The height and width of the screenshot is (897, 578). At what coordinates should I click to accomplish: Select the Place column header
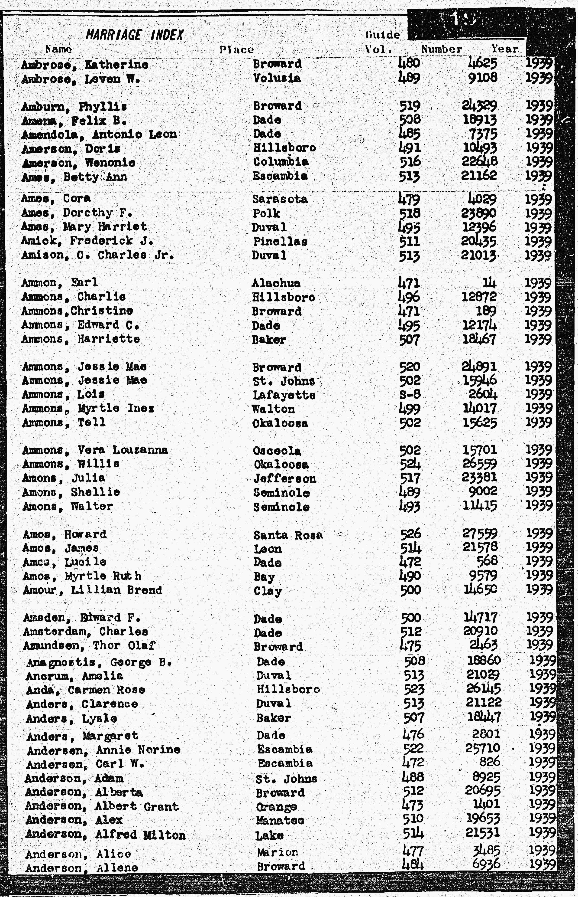click(x=236, y=49)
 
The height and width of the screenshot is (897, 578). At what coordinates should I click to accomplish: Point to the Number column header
click(x=441, y=49)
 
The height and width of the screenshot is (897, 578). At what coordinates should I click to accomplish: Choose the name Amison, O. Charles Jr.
click(x=98, y=255)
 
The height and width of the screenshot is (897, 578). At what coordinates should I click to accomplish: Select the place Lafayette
click(x=284, y=395)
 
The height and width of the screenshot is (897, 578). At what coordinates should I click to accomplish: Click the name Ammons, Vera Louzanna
click(x=95, y=450)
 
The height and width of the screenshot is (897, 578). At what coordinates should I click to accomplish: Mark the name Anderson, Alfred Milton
click(x=105, y=835)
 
